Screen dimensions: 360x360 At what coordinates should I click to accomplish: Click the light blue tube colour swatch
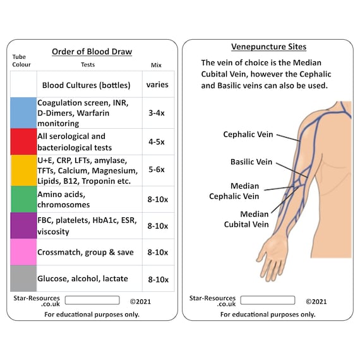pyautogui.click(x=23, y=112)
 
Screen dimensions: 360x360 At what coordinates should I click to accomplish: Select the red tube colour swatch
pyautogui.click(x=23, y=141)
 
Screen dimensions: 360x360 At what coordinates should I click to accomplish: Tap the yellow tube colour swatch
pyautogui.click(x=23, y=171)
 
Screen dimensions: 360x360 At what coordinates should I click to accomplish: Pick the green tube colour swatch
pyautogui.click(x=23, y=199)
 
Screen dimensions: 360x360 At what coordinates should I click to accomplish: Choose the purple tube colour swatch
pyautogui.click(x=23, y=225)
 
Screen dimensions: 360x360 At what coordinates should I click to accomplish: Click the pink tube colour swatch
pyautogui.click(x=23, y=252)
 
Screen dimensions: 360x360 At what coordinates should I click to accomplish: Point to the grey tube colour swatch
pyautogui.click(x=23, y=279)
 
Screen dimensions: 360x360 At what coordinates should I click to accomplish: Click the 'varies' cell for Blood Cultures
pyautogui.click(x=158, y=84)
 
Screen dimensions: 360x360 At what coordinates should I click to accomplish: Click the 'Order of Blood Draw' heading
pyautogui.click(x=92, y=52)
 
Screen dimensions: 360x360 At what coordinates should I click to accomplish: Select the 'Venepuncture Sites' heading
pyautogui.click(x=268, y=47)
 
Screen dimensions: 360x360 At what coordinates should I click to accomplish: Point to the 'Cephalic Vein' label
pyautogui.click(x=248, y=135)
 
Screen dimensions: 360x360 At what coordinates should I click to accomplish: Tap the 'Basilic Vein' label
pyautogui.click(x=251, y=162)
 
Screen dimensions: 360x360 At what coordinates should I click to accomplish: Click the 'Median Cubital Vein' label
pyautogui.click(x=246, y=219)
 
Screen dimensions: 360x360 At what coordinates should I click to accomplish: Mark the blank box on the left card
pyautogui.click(x=92, y=300)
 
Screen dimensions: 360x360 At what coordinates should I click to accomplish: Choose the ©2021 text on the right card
pyautogui.click(x=316, y=301)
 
